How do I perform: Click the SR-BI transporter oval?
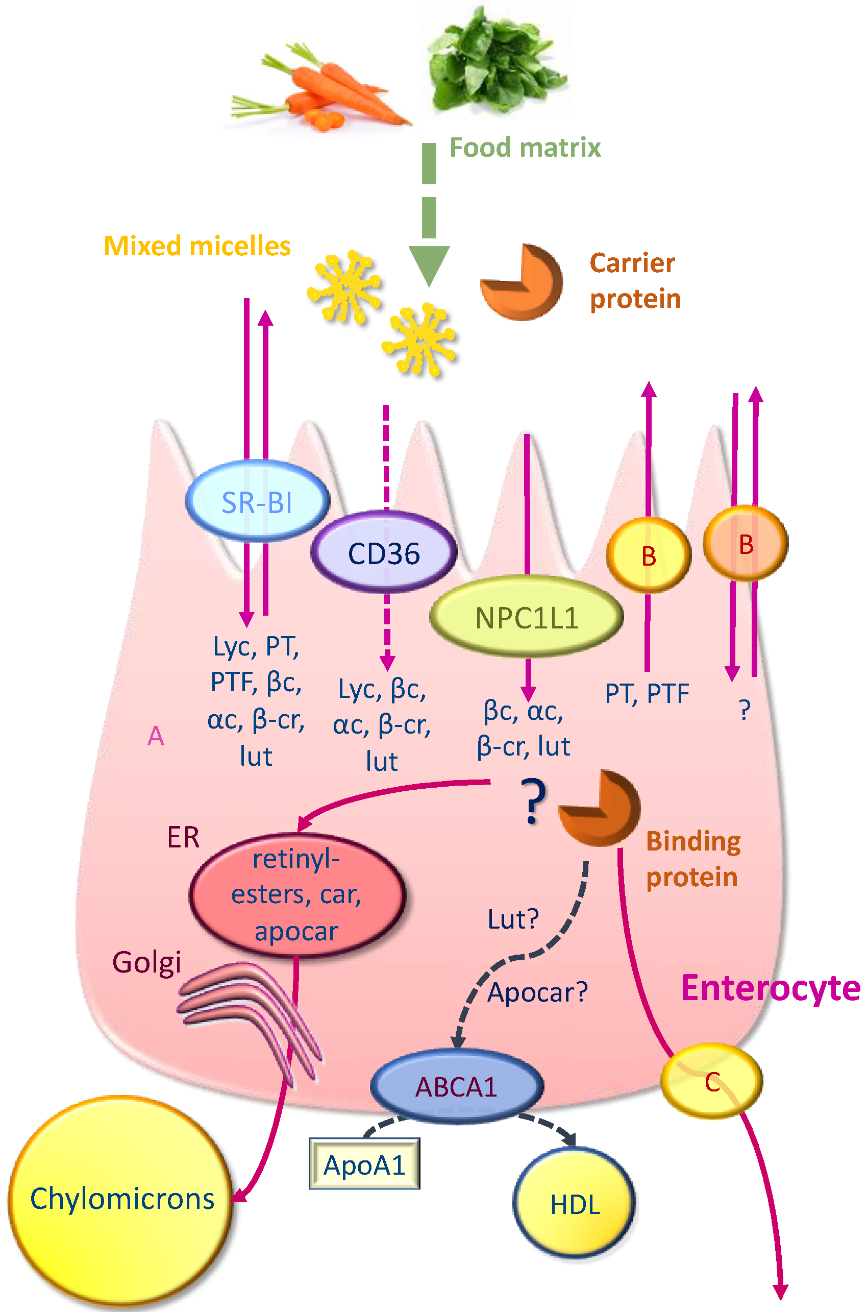pos(257,501)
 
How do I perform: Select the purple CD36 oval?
pos(384,552)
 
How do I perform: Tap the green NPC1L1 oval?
pos(527,617)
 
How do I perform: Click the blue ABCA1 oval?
pos(456,1086)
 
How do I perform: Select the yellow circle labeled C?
pos(712,1081)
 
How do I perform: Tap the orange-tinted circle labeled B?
pos(746,544)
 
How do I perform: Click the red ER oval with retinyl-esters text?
pos(297,894)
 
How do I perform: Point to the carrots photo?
pos(320,88)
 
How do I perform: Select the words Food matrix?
pos(524,148)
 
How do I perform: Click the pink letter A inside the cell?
pos(156,736)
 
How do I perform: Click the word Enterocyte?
pos(770,988)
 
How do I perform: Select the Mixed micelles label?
pos(197,246)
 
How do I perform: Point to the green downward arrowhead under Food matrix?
pos(429,264)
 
